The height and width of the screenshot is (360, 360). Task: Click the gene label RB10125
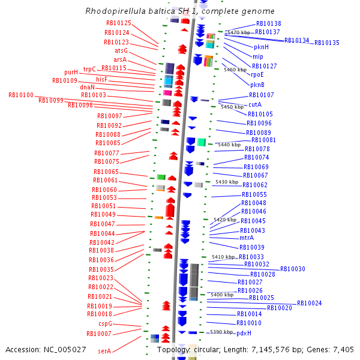coord(118,23)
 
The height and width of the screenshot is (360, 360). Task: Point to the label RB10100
coord(21,95)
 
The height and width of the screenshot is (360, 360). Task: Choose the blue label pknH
coord(261,47)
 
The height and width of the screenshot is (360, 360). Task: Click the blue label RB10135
coord(326,43)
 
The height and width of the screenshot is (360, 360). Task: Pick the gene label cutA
coord(255,104)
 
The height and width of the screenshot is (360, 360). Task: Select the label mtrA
coord(247,238)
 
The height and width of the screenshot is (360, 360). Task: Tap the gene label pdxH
coord(244,333)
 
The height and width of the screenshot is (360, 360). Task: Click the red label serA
coord(104,351)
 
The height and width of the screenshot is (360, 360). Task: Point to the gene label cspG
coord(105,324)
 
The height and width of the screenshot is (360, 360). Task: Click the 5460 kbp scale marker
coord(235,70)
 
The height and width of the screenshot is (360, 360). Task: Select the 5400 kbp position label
coord(222,295)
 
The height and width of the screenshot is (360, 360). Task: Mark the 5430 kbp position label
coord(227,182)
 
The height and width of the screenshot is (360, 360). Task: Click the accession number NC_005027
coord(65,349)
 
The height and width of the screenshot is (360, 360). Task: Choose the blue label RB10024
coord(309,304)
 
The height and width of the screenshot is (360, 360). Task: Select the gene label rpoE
coord(257,75)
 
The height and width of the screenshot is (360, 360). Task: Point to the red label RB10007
coord(99,334)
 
